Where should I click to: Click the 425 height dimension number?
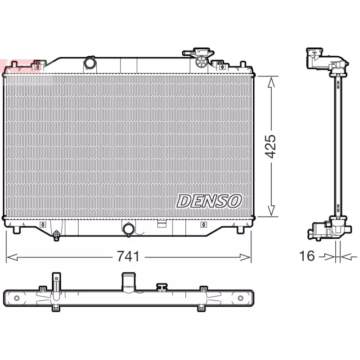270,146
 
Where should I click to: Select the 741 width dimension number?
128,257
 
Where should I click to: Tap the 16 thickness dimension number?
307,256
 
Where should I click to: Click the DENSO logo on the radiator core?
209,201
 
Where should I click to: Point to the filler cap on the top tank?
198,54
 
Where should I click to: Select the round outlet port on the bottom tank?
128,229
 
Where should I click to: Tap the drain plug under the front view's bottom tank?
56,234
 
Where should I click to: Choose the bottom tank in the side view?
326,229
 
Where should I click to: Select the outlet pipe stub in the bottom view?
128,282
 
